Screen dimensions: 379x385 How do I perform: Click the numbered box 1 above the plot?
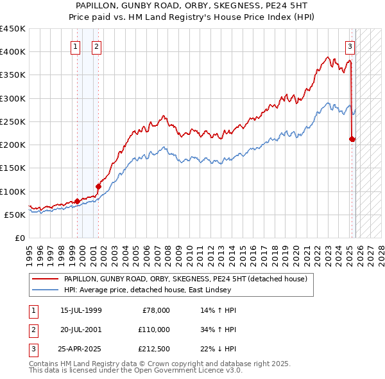[76, 46]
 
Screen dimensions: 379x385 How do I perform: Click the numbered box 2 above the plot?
[96, 46]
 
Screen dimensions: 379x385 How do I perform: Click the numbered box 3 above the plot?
[350, 46]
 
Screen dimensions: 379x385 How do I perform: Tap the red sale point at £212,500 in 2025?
[352, 139]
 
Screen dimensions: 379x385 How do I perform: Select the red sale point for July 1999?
[77, 201]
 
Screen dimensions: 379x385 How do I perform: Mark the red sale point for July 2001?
[98, 186]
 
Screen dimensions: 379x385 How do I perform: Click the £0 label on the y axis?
[19, 238]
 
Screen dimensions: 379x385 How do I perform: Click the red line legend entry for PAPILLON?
[185, 279]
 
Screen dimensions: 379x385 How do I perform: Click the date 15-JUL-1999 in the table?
[81, 310]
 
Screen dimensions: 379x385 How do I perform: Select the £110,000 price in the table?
[155, 329]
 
